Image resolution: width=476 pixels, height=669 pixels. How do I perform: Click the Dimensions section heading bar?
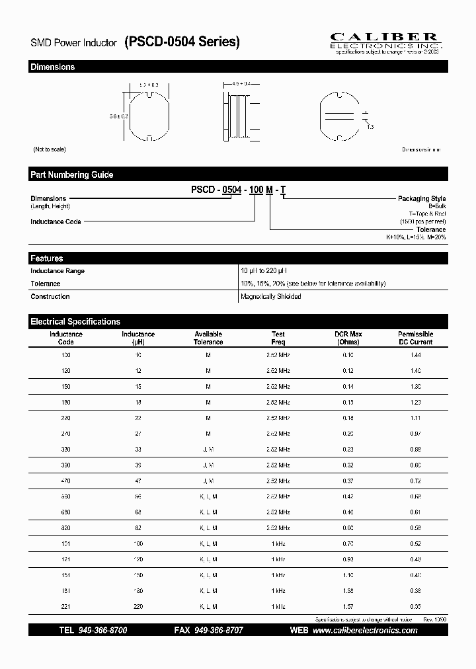coord(238,67)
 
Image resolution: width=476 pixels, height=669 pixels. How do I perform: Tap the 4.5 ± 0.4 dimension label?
coord(243,84)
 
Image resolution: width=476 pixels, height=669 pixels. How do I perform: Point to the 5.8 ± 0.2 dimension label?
coord(119,116)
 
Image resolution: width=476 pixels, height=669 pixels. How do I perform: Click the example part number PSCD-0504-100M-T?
coord(238,190)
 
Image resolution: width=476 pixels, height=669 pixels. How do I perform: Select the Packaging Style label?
coord(421,198)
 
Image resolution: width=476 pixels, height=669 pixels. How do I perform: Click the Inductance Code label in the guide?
coord(56,221)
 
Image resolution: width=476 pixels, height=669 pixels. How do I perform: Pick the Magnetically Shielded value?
coord(271,297)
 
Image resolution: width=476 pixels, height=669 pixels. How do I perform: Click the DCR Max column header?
coord(348,338)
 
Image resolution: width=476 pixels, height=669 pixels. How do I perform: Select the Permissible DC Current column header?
coord(415,338)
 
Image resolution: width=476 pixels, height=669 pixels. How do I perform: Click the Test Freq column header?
coord(278,338)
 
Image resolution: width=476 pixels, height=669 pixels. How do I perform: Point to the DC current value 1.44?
coord(415,355)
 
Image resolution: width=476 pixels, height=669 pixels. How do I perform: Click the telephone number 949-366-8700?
coord(102,631)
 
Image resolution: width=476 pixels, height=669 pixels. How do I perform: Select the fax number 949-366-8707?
coord(218,631)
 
